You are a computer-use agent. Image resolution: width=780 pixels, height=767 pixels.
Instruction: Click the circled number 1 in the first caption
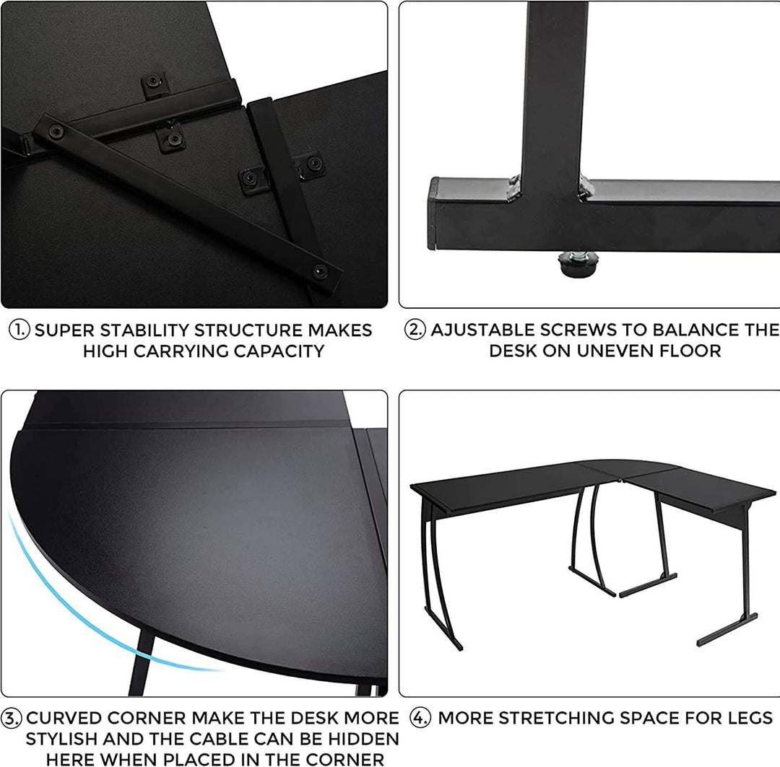(x=19, y=330)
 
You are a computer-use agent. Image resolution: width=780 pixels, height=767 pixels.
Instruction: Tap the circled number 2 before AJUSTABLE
(x=415, y=330)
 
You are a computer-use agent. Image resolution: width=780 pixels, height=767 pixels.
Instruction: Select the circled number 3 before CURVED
(x=12, y=719)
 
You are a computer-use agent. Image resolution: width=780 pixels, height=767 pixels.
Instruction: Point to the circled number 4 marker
(x=420, y=719)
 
